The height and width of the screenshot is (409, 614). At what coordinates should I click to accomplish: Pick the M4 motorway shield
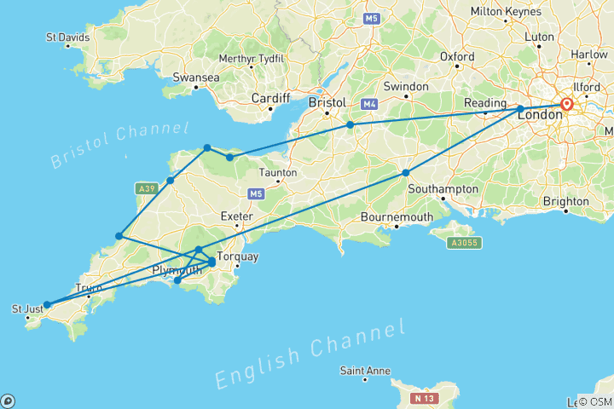coord(369,105)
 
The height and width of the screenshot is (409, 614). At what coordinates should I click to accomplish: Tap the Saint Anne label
coord(365,371)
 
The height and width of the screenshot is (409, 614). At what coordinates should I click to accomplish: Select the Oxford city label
coord(457,57)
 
